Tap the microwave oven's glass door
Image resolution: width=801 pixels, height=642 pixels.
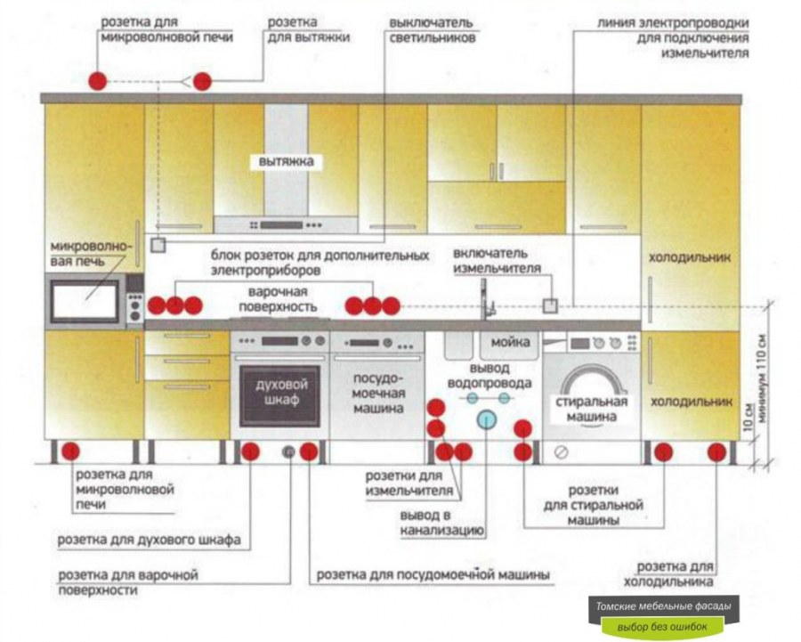click(85, 302)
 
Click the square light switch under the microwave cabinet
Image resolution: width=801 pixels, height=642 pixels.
click(158, 243)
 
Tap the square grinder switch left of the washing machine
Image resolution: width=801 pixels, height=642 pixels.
click(550, 305)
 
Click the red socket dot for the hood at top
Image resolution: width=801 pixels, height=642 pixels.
click(204, 81)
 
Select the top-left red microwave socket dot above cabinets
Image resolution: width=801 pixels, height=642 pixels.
click(97, 81)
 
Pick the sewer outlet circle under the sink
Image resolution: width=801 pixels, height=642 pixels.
click(486, 419)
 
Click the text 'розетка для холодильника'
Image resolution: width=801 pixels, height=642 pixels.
click(676, 574)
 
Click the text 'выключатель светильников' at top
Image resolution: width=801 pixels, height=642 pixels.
click(431, 29)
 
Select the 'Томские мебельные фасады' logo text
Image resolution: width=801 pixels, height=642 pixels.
click(665, 607)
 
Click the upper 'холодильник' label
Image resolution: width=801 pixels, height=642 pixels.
click(690, 257)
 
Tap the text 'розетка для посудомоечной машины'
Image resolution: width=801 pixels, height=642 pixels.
click(433, 574)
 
